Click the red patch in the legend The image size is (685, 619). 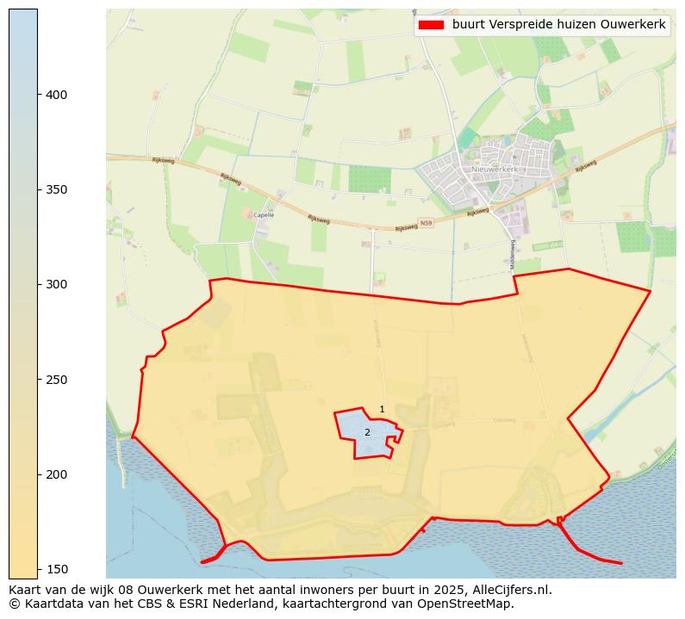pos(431,25)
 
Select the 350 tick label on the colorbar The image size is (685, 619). pos(57,189)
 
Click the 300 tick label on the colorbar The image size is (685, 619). pos(57,284)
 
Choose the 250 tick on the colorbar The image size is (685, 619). pos(38,380)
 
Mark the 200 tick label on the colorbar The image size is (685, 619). pos(57,474)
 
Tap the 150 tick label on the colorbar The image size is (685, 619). pos(57,569)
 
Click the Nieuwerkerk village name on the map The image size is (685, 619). pos(495,170)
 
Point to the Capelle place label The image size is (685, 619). pos(264,215)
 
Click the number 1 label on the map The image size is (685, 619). pos(382,409)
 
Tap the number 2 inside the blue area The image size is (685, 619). pos(367,432)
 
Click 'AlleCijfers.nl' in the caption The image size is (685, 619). pos(508,590)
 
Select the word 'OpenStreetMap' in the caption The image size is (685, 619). pos(472,604)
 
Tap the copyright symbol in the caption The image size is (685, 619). pos(14,604)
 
